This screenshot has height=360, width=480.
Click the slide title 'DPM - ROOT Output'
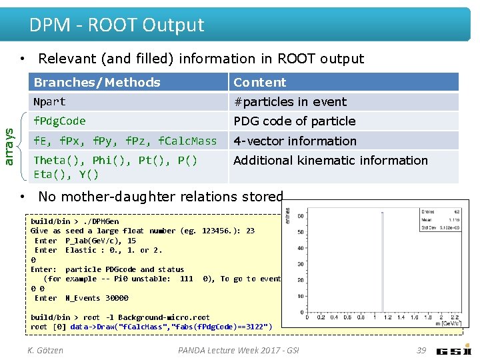click(x=117, y=25)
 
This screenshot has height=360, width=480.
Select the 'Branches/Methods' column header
click(x=97, y=82)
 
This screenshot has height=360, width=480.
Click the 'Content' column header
click(x=259, y=82)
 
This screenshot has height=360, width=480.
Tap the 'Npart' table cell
click(x=49, y=102)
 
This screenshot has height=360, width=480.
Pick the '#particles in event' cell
click(x=289, y=102)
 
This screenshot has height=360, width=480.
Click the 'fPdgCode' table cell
click(x=59, y=121)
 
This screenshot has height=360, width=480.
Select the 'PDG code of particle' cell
click(x=294, y=121)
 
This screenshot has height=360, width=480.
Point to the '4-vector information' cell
click(x=295, y=141)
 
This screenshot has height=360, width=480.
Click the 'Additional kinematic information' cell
click(x=330, y=161)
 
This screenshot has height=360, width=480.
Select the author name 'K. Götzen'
click(x=45, y=350)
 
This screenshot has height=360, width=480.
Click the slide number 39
click(x=421, y=350)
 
